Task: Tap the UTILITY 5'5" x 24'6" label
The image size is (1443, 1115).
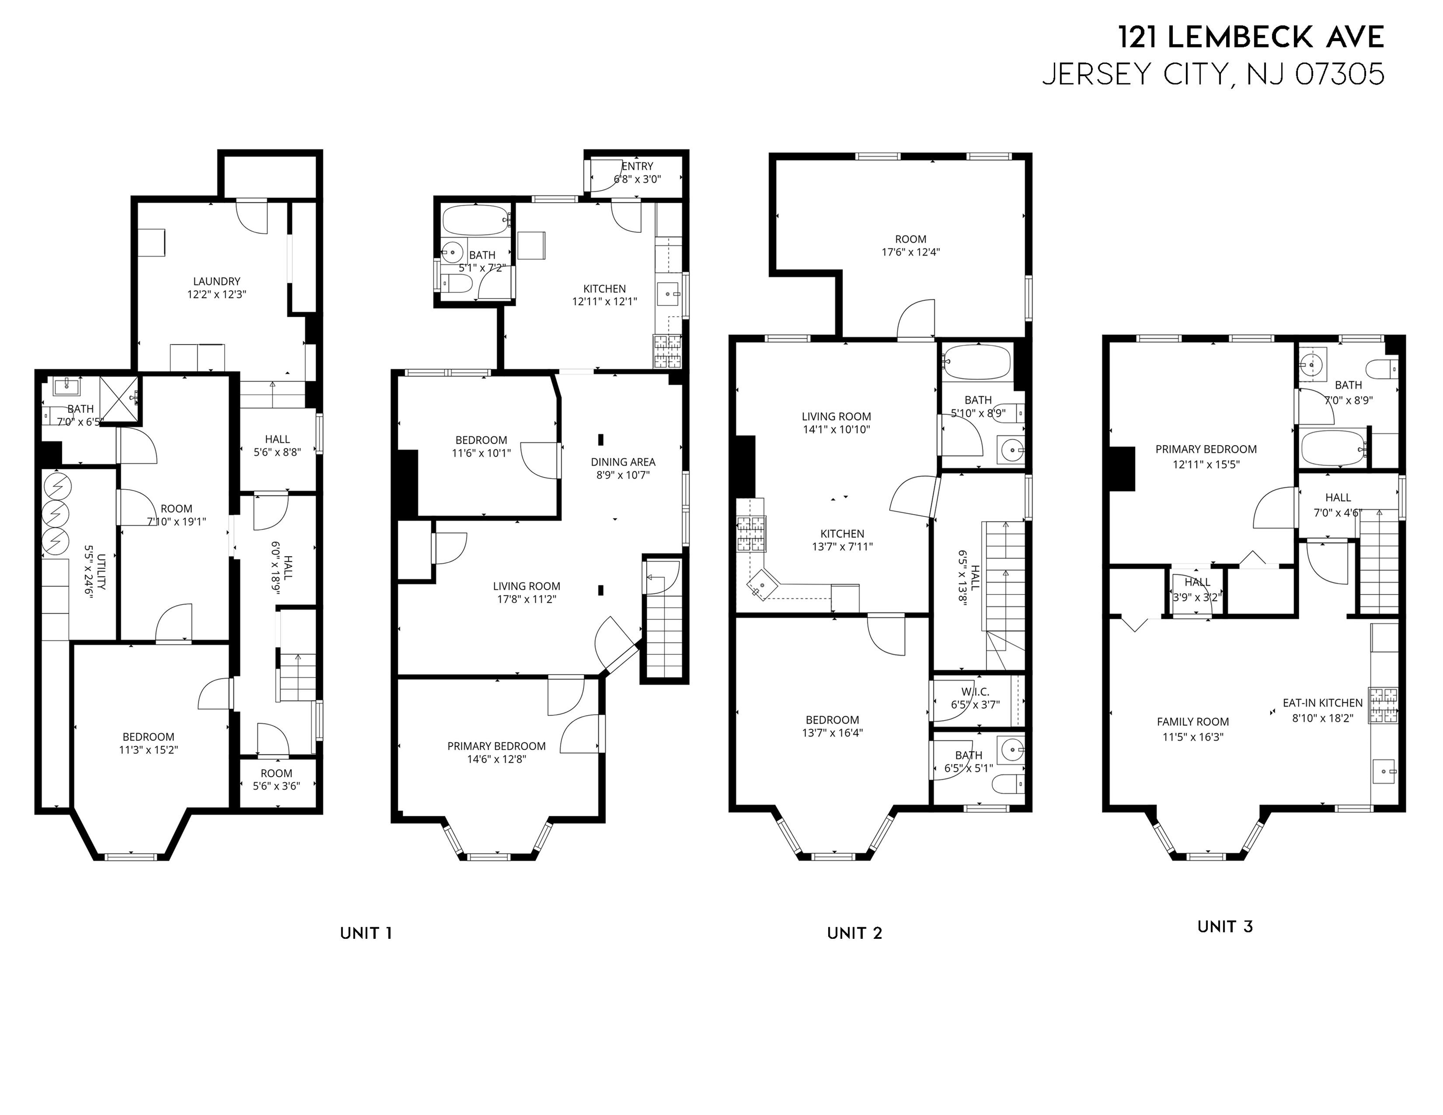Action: pos(94,570)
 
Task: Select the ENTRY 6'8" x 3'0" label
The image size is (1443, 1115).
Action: pos(637,172)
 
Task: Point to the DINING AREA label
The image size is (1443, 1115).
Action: pos(623,462)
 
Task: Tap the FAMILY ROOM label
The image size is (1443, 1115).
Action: pos(1193,722)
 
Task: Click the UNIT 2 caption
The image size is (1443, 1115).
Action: pos(854,934)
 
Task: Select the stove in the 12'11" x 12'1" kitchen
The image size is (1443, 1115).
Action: pos(667,351)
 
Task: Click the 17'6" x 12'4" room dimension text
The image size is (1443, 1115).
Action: pos(911,252)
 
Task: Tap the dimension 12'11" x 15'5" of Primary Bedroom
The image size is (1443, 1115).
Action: pos(1206,465)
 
